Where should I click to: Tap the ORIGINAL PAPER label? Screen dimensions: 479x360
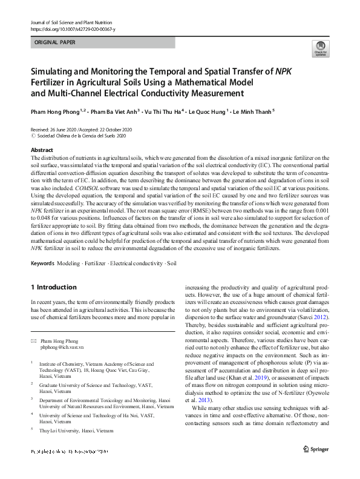56,43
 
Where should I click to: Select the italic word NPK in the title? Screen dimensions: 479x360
283,71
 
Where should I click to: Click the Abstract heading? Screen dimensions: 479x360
42,150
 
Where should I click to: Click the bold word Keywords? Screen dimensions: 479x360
42,264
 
